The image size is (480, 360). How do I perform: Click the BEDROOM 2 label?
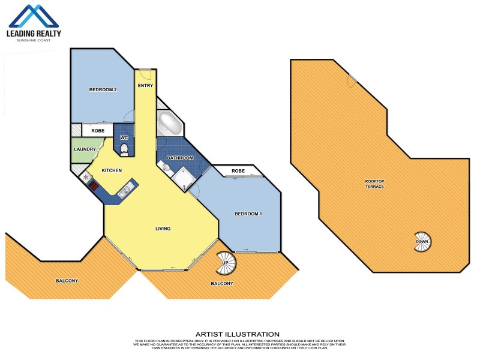103,90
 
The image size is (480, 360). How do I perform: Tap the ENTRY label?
145,86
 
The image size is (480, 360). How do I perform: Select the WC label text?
124,137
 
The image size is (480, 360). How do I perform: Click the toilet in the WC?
124,149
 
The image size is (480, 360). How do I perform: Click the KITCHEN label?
112,171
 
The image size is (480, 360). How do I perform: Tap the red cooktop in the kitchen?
94,185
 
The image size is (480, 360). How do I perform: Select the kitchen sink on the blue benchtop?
124,192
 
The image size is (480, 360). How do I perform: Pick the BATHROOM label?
181,158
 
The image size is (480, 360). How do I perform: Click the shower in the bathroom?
181,178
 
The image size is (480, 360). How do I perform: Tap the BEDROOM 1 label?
248,214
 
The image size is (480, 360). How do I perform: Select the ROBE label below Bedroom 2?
98,130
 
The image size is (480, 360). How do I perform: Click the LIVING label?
163,229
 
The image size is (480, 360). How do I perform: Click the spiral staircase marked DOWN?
422,242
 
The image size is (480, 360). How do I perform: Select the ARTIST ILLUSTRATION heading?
237,334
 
